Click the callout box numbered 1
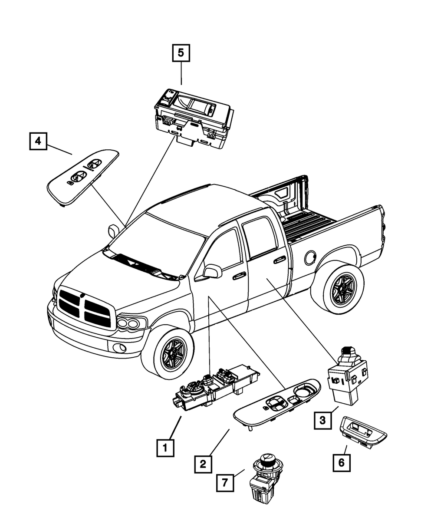click(165, 447)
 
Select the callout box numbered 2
click(203, 464)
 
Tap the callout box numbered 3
click(322, 420)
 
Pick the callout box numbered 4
click(38, 141)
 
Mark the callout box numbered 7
click(224, 482)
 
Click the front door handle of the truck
click(239, 276)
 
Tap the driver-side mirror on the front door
click(212, 271)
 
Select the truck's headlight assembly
click(131, 323)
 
